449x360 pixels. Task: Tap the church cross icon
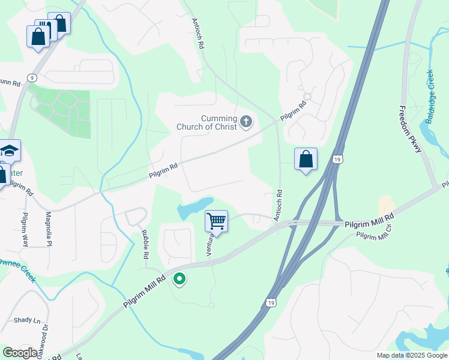246,122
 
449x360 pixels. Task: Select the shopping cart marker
216,221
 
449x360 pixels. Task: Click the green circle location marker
179,279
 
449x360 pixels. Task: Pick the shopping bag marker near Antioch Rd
306,160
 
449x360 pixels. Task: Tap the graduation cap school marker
9,150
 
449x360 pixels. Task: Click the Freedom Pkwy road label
411,129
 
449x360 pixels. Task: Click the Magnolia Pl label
49,229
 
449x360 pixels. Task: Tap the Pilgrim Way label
25,229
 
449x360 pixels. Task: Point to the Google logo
20,353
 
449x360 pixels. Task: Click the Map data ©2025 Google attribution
412,355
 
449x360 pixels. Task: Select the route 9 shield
32,77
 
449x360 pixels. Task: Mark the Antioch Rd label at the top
198,33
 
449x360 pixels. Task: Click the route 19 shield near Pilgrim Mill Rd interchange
339,159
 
